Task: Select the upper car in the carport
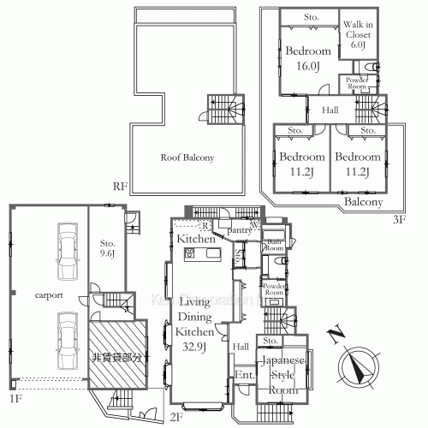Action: tap(64, 253)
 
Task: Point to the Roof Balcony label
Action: tap(186, 158)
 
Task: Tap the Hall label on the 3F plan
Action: tap(330, 110)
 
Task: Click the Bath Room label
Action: tap(273, 245)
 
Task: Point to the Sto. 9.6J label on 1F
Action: tap(107, 247)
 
